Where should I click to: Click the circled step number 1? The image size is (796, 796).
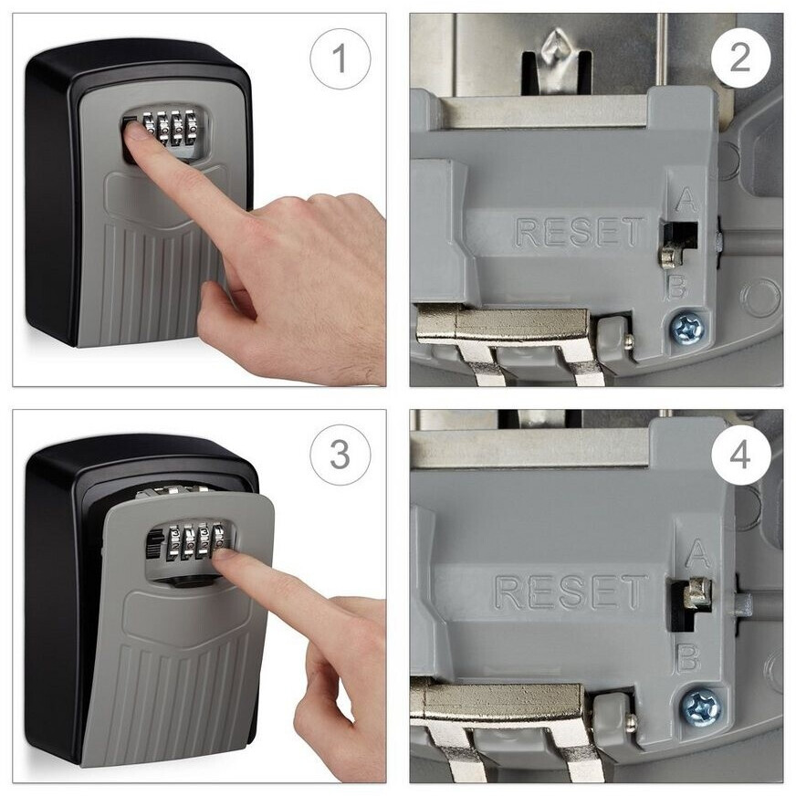[x=340, y=59]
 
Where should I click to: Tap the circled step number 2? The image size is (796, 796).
[x=740, y=58]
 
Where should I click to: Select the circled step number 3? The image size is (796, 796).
[x=340, y=455]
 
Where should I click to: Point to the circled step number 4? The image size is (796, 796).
[x=740, y=455]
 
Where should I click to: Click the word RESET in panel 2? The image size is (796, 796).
[x=580, y=233]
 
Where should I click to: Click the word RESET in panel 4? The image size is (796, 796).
[x=571, y=592]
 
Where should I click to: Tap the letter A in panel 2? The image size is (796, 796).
[x=687, y=201]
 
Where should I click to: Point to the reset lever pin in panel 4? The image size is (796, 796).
[x=697, y=592]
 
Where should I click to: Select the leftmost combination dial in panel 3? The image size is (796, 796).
[x=174, y=542]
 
